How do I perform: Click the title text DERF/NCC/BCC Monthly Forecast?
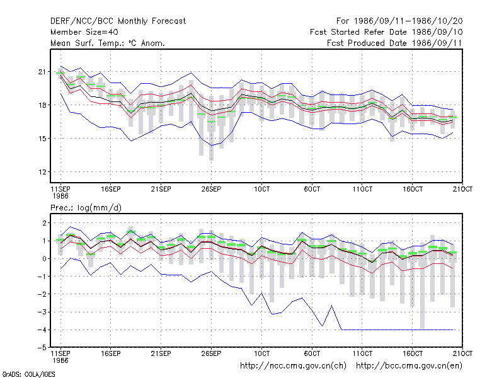point(118,21)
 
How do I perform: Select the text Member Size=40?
point(84,32)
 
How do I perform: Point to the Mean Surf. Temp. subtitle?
point(107,43)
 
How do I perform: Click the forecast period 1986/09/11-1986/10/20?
point(399,21)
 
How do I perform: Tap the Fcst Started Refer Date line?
point(386,32)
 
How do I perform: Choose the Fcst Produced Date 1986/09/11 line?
point(394,43)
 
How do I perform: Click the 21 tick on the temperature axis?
point(42,72)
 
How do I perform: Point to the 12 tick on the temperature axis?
point(42,172)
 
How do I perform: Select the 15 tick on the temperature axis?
point(42,139)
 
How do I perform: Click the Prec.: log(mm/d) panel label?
point(86,208)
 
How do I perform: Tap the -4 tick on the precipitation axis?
point(42,329)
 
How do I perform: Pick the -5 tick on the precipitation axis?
point(42,348)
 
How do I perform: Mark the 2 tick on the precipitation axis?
point(44,223)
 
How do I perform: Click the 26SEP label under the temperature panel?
point(211,189)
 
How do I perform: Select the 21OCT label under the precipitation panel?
point(462,353)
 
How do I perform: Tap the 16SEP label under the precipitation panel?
point(111,353)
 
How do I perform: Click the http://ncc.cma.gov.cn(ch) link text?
point(293,366)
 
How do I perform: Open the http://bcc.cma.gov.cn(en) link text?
point(409,366)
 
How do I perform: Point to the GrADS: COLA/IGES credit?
point(28,374)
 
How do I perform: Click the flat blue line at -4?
point(398,329)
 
